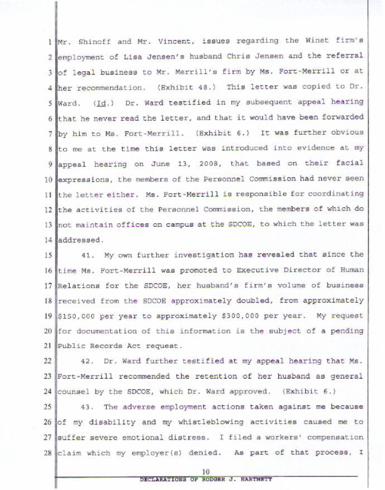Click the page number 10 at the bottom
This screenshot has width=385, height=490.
pos(205,472)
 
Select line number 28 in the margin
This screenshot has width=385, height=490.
pos(49,452)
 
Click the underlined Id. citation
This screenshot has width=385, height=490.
pos(101,102)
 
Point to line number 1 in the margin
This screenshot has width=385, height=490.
pos(51,42)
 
